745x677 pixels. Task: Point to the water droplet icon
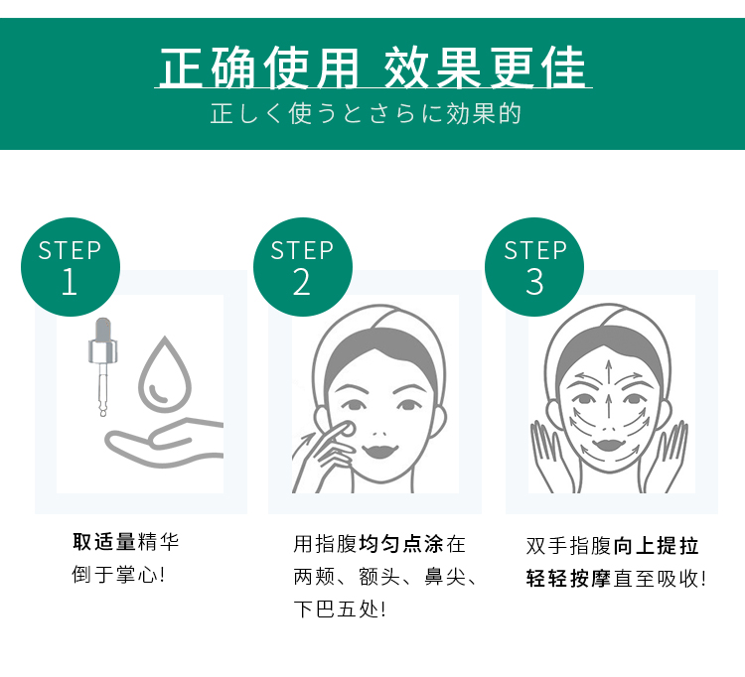coord(162,374)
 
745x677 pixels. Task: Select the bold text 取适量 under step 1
coord(104,542)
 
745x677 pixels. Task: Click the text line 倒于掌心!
coord(118,575)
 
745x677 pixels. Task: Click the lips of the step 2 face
coord(381,450)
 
